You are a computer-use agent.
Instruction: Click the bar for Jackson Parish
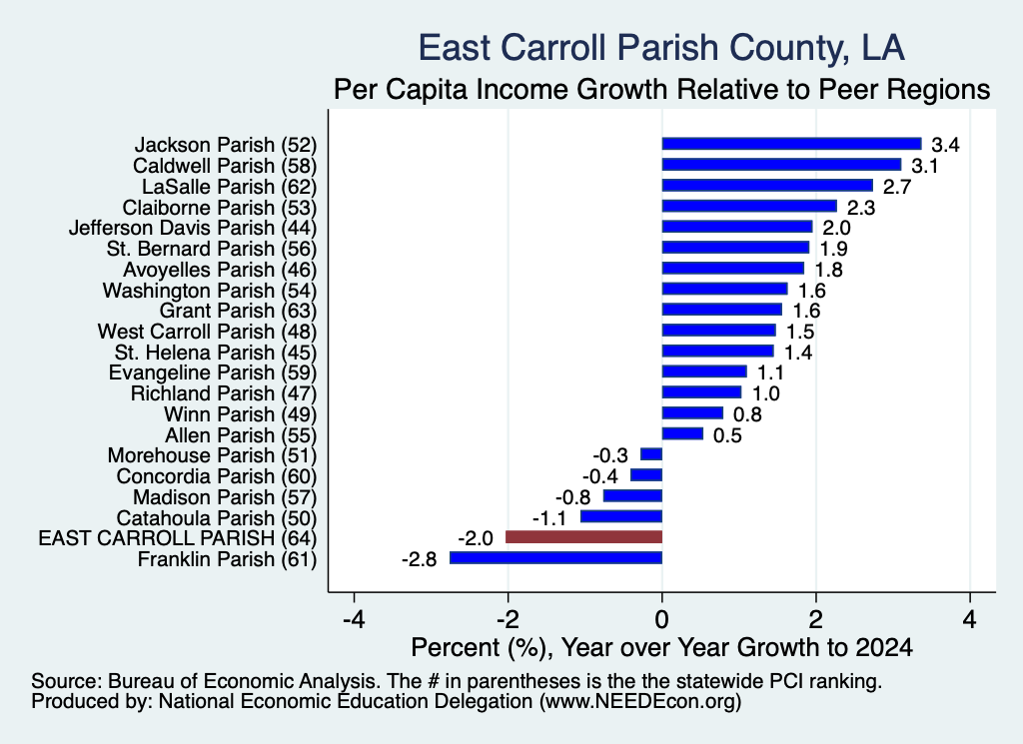(791, 144)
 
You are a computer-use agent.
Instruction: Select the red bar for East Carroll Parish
(583, 537)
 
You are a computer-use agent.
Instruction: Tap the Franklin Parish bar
(555, 558)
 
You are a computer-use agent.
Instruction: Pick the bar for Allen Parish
(682, 434)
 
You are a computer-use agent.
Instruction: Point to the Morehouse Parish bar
(651, 454)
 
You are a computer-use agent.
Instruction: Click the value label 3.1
(924, 166)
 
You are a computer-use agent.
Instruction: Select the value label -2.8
(419, 559)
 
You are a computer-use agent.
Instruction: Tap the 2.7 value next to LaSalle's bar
(897, 187)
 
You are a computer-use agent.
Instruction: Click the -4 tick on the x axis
(354, 619)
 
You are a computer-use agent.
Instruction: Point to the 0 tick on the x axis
(662, 619)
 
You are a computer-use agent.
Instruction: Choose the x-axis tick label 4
(970, 619)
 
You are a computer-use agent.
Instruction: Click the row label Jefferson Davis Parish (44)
(193, 229)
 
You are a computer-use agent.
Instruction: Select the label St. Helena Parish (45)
(216, 353)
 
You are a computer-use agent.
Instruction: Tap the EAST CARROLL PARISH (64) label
(178, 538)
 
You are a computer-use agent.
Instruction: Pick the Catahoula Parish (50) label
(217, 518)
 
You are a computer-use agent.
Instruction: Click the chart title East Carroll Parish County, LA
(661, 48)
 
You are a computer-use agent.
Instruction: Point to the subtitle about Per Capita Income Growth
(661, 89)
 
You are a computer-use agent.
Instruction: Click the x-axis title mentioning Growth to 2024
(661, 647)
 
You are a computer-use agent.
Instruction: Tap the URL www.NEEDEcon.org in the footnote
(639, 702)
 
